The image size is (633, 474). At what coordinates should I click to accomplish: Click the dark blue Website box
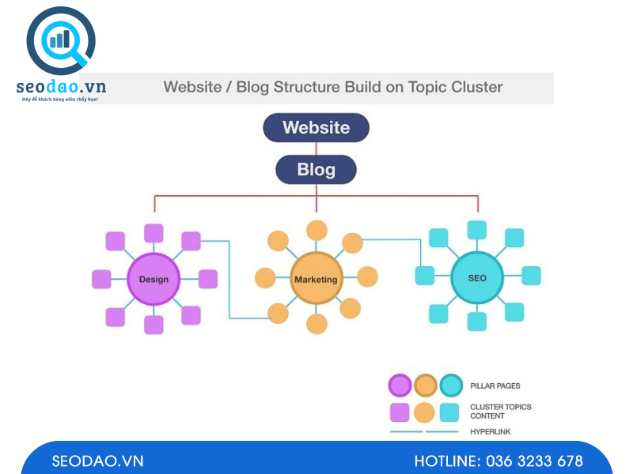tap(316, 127)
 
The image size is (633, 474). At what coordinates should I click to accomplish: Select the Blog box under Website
tap(316, 169)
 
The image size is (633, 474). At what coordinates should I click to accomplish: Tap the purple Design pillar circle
tap(154, 279)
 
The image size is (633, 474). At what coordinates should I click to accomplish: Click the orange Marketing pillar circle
tap(316, 279)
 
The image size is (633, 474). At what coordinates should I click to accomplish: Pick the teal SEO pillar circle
tap(477, 278)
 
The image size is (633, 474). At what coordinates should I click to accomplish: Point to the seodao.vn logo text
tap(61, 87)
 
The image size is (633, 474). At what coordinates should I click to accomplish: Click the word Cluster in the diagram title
tap(477, 87)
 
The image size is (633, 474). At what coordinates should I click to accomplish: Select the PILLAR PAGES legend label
tap(495, 386)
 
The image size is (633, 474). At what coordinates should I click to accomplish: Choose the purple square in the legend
tap(400, 412)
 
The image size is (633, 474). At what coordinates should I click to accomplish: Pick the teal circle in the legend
tap(451, 386)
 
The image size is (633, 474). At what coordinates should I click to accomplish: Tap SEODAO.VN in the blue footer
tap(98, 461)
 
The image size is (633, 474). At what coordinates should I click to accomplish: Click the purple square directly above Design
tap(154, 233)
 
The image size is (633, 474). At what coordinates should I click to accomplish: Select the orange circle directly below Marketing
tap(316, 324)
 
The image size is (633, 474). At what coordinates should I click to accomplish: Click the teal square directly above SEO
tap(477, 230)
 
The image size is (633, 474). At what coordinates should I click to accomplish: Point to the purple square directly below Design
tap(154, 325)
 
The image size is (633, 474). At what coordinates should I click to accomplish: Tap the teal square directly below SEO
tap(477, 322)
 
